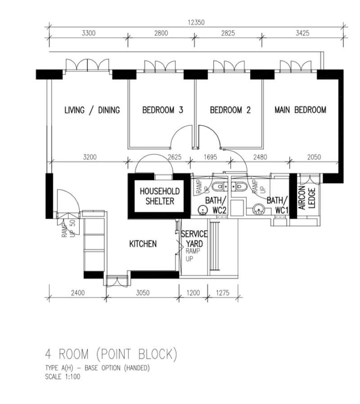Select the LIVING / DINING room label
coord(92,110)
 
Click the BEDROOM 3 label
coord(162,110)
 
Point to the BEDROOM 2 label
coord(230,110)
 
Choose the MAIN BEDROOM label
coord(301,110)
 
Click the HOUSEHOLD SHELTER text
coord(159,196)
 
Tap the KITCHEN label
coord(143,244)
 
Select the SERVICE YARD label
coord(194,239)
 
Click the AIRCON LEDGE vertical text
coord(307,197)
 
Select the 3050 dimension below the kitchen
coord(143,293)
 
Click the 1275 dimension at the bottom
coord(222,293)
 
